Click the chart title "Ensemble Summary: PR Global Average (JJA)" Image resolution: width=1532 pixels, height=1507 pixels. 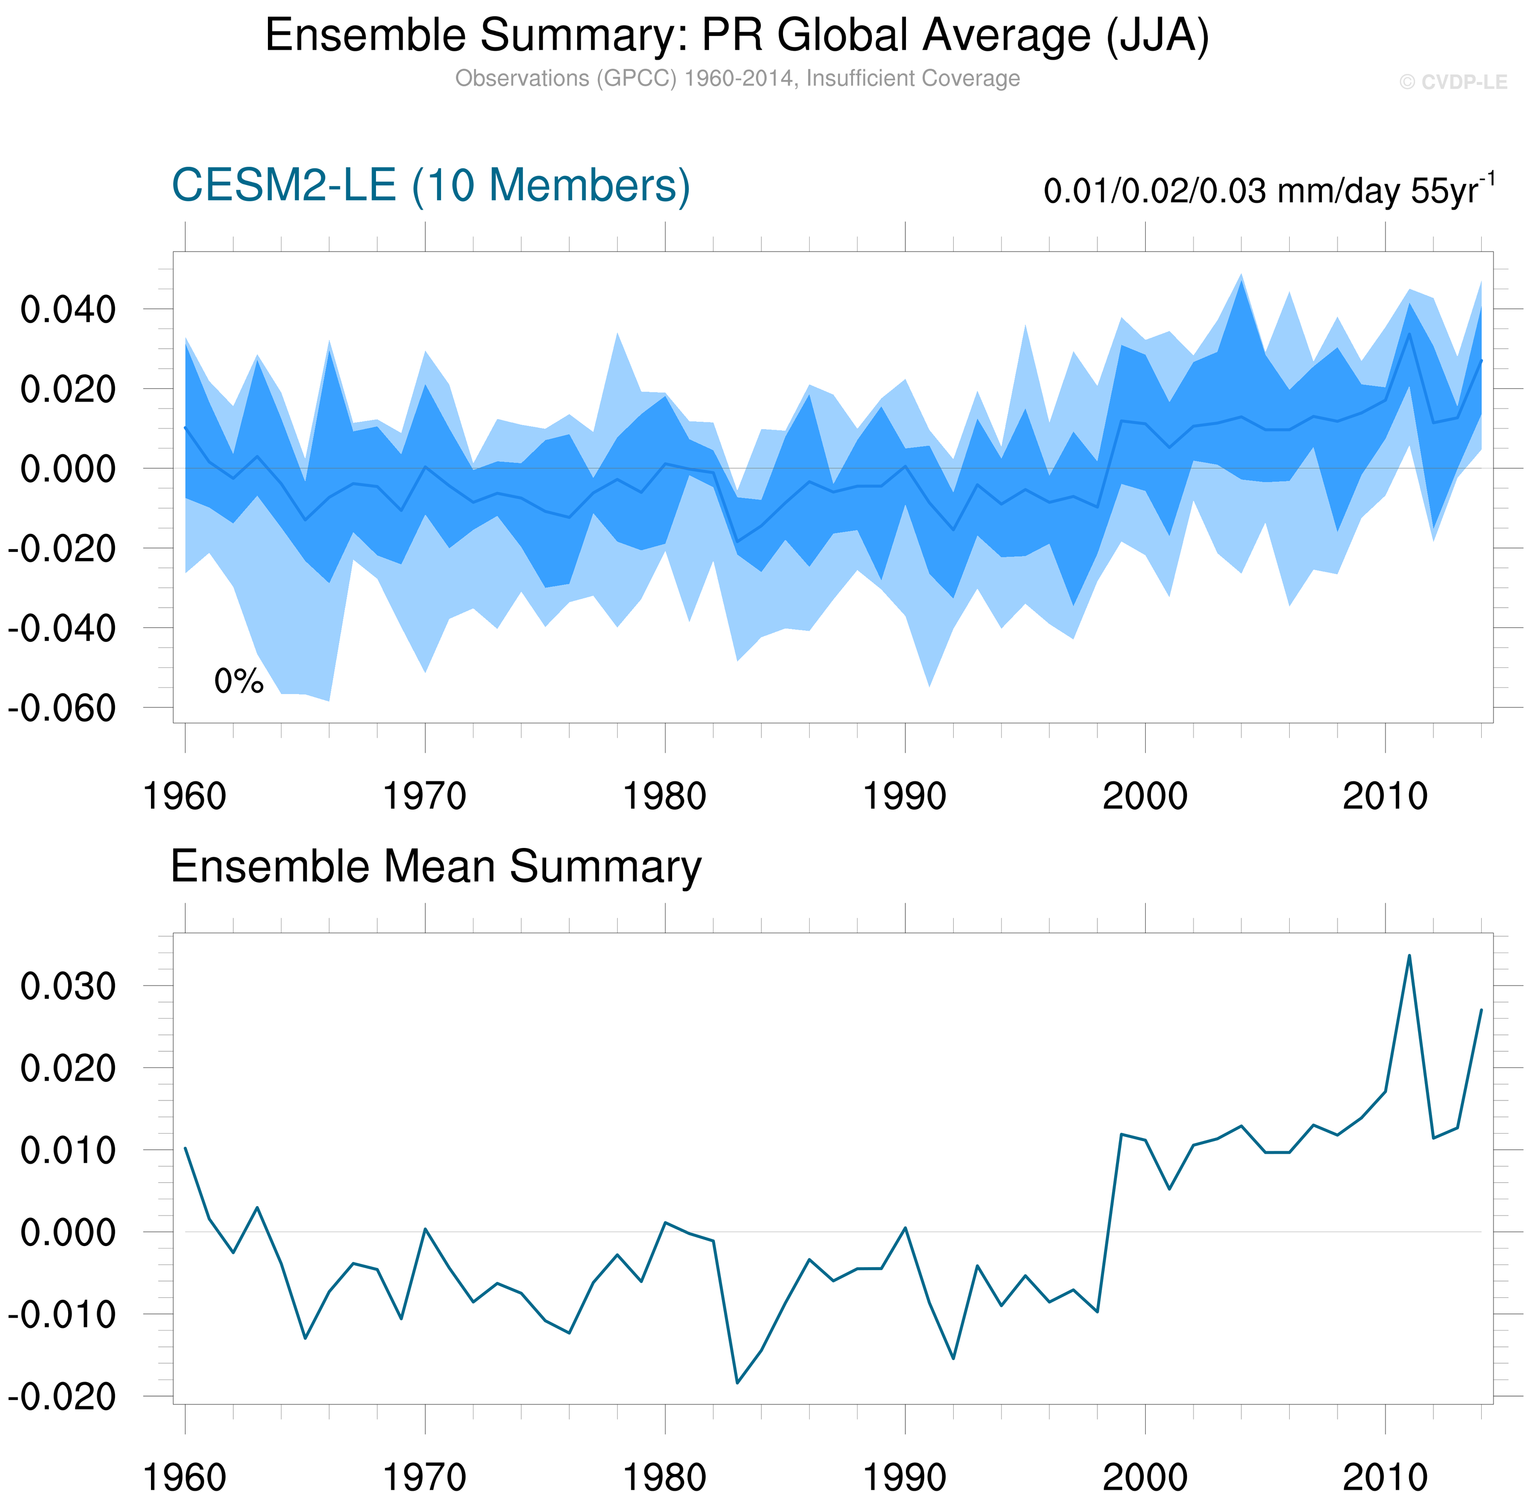pyautogui.click(x=736, y=37)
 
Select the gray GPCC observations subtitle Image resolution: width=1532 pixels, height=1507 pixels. pyautogui.click(x=736, y=79)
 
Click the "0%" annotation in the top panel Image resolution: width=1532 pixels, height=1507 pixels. pyautogui.click(x=238, y=681)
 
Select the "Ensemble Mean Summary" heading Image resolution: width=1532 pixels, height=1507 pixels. pyautogui.click(x=436, y=867)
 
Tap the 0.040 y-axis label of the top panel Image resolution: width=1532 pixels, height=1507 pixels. pyautogui.click(x=68, y=309)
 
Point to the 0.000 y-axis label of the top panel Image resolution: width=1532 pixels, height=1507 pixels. pyautogui.click(x=68, y=469)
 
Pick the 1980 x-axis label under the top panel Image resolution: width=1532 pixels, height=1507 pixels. pyautogui.click(x=664, y=796)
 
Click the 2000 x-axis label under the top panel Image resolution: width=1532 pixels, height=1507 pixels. pyautogui.click(x=1144, y=796)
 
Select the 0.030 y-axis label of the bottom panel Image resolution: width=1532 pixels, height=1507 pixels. pyautogui.click(x=68, y=986)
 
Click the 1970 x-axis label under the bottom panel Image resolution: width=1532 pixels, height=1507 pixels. pyautogui.click(x=424, y=1477)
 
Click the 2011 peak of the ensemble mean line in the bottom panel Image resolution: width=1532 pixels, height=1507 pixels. pyautogui.click(x=1409, y=956)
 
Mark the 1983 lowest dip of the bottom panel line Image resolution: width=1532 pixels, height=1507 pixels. pyautogui.click(x=737, y=1383)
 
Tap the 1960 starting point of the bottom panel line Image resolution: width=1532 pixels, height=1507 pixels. pyautogui.click(x=185, y=1148)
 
